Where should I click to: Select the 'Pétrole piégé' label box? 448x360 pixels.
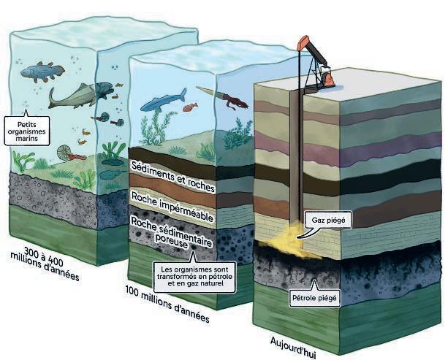coord(315,299)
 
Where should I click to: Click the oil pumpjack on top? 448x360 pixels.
coord(316,66)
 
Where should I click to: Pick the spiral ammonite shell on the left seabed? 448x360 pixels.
coord(67,153)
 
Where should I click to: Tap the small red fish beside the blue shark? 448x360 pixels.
coord(189,108)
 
